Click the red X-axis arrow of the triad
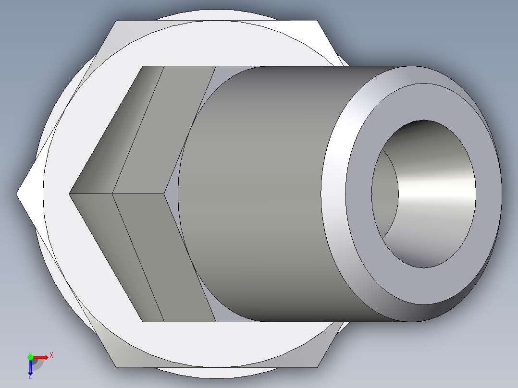tap(42, 357)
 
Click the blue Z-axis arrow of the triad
tap(30, 368)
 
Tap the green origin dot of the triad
tap(30, 357)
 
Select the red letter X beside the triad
tap(51, 355)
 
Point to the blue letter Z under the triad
tap(30, 376)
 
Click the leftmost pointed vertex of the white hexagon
tap(17, 194)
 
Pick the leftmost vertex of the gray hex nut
tap(70, 194)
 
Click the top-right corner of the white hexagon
tap(318, 21)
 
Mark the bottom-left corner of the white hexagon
tap(116, 367)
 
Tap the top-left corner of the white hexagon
tap(116, 21)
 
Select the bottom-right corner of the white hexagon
tap(318, 367)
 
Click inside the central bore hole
tap(432, 192)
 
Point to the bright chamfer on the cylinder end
tap(336, 192)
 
